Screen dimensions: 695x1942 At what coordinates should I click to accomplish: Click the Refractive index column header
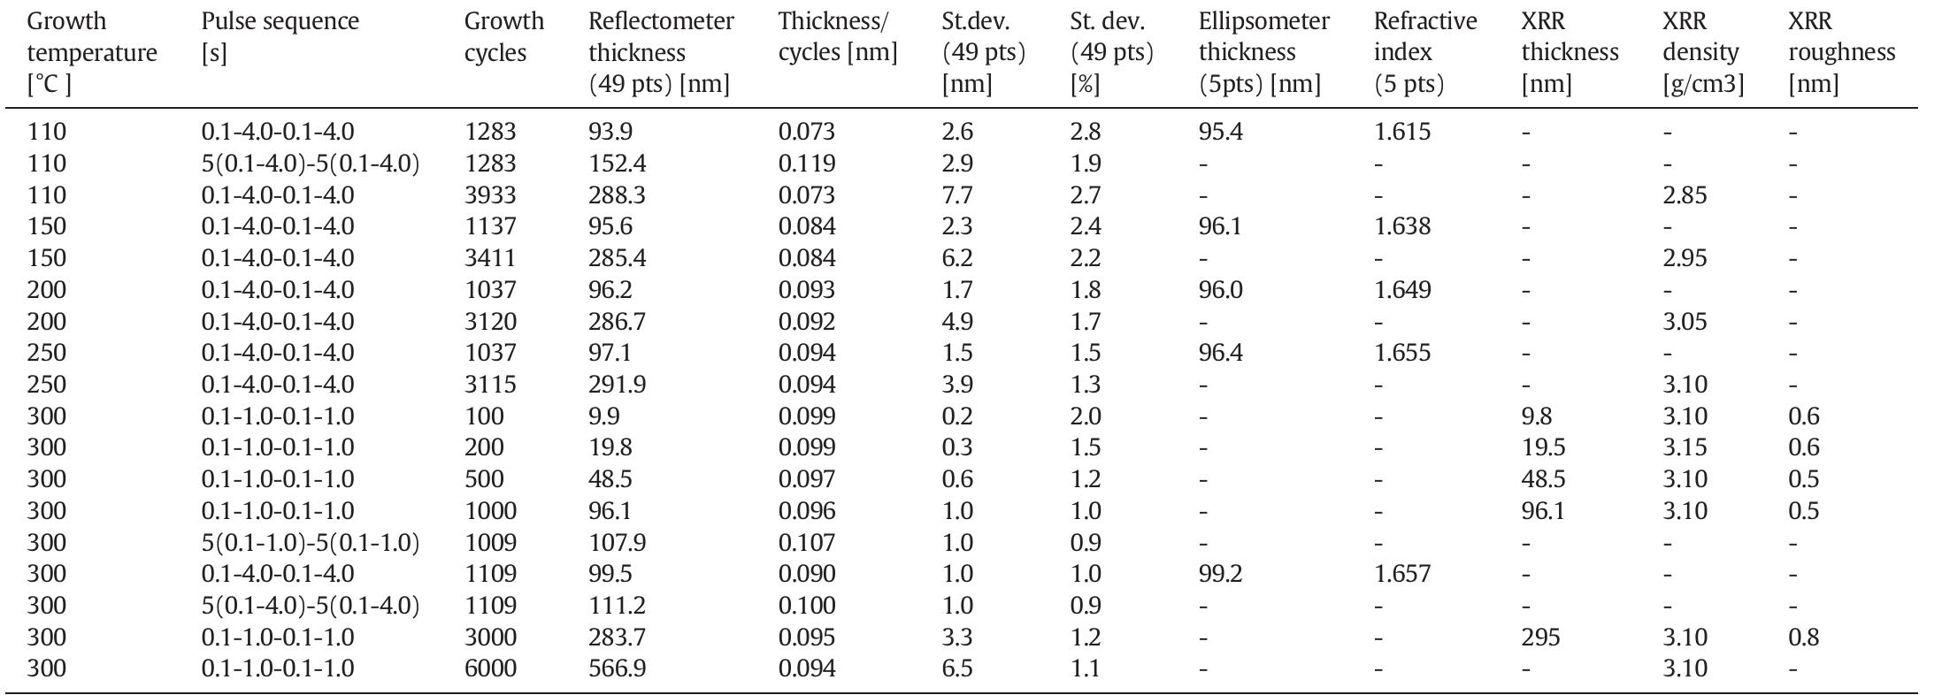(1424, 52)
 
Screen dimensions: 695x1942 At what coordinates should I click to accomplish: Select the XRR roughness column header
(1841, 52)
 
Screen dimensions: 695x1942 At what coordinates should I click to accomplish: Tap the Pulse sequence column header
(280, 36)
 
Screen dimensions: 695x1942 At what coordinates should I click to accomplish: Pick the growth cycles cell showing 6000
(490, 668)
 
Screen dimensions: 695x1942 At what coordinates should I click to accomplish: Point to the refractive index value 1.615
(1401, 132)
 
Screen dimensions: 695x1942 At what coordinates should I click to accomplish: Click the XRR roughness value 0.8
(1803, 638)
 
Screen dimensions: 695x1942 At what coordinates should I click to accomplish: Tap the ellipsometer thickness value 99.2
(1220, 574)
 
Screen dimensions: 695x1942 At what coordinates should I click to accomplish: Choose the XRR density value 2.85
(1684, 195)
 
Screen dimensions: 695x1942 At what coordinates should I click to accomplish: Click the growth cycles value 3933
(490, 195)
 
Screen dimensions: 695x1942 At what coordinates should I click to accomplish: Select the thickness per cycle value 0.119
(806, 164)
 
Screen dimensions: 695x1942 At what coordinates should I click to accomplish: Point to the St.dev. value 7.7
(957, 195)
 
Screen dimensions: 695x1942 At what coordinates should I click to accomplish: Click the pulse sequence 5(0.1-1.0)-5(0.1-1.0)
(310, 543)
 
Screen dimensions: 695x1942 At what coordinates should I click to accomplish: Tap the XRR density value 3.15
(1684, 447)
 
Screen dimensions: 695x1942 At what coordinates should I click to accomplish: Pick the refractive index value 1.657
(1401, 574)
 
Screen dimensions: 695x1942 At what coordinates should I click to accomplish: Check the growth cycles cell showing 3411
(490, 258)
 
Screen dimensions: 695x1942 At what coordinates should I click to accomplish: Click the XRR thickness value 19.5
(1543, 447)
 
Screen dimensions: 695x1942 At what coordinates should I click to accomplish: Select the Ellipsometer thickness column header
(1263, 52)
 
